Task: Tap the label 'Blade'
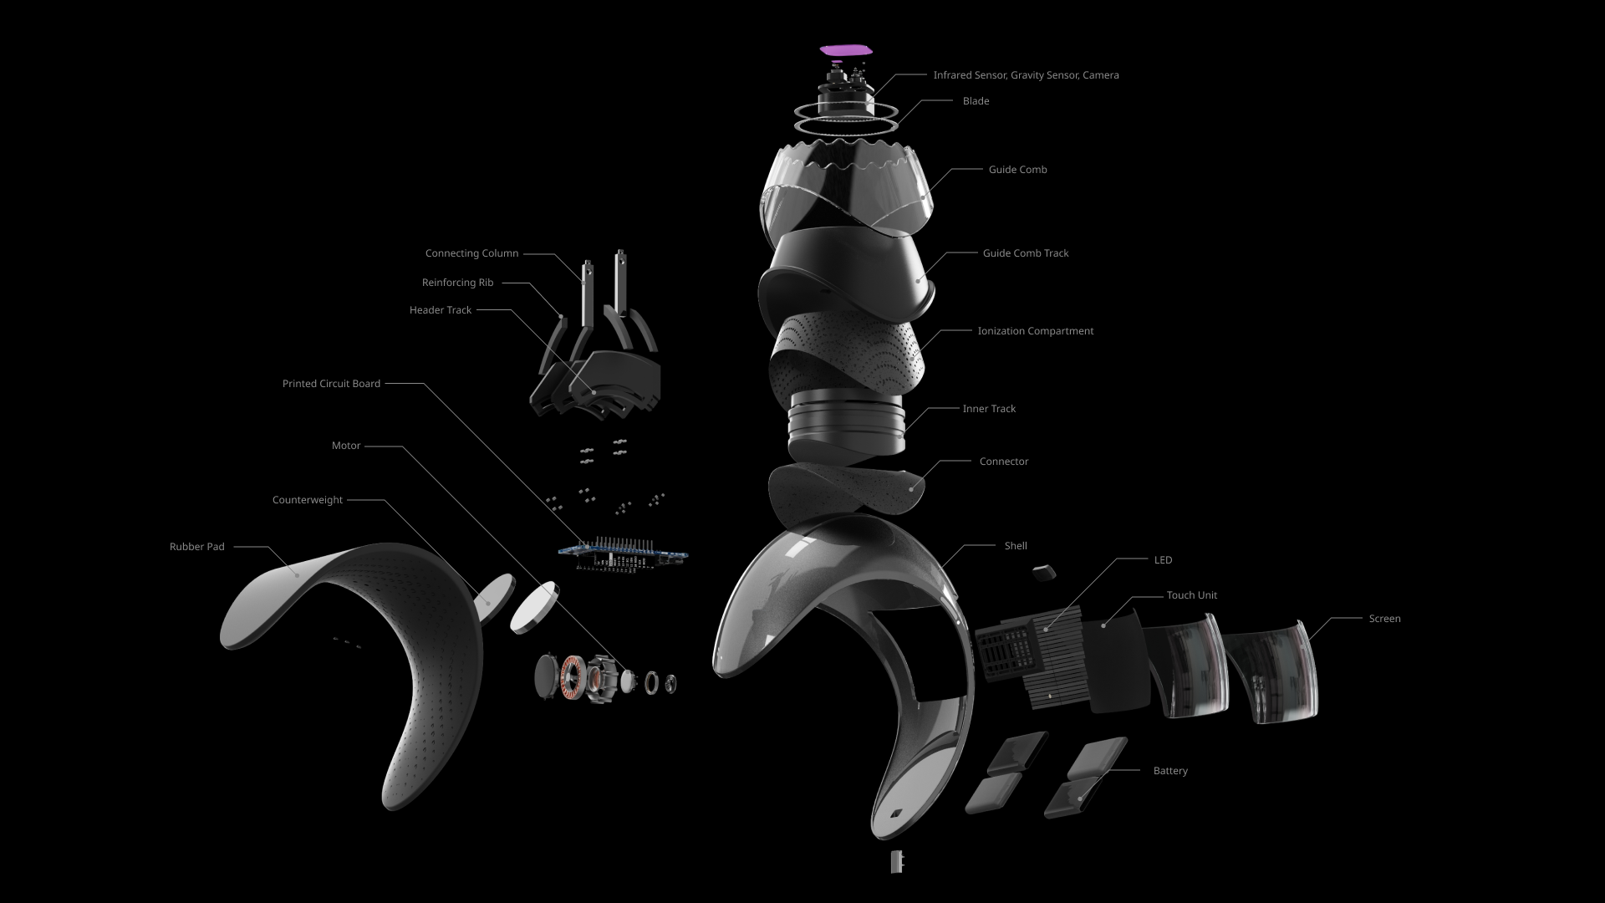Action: [976, 101]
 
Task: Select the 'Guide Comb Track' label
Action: [1026, 253]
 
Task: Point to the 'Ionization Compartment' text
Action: [1036, 331]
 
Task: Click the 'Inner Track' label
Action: [989, 409]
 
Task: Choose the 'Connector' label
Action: [1004, 462]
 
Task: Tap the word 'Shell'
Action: [1016, 546]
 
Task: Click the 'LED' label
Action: [1163, 560]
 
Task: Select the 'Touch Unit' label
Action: [1192, 595]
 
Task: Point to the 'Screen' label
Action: [1384, 619]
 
